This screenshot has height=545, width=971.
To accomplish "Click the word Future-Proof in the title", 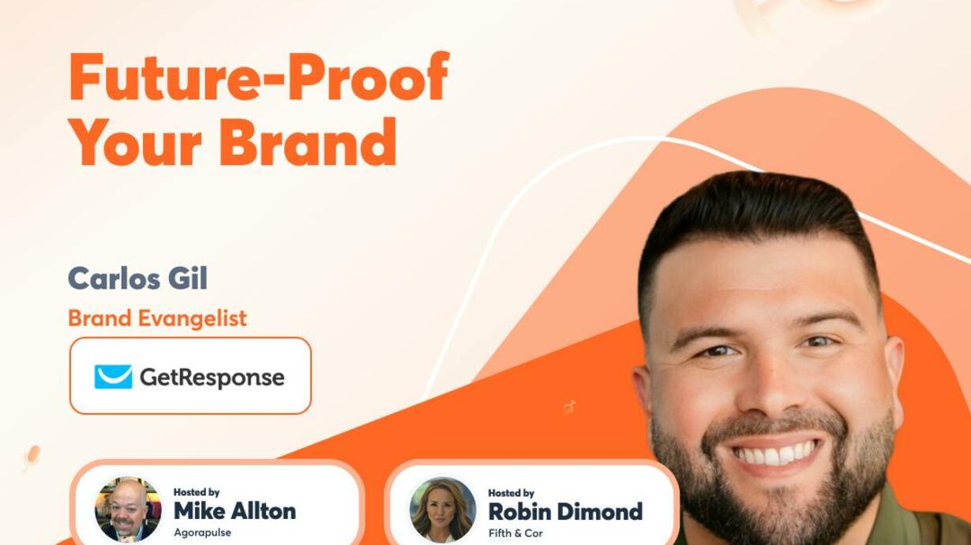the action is pyautogui.click(x=259, y=77).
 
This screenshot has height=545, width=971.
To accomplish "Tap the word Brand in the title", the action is pyautogui.click(x=308, y=142).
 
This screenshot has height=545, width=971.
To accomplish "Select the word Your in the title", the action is pyautogui.click(x=135, y=142).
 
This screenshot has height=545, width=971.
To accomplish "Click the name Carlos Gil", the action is pyautogui.click(x=138, y=278).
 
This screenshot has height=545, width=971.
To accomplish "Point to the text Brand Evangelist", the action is pyautogui.click(x=157, y=319).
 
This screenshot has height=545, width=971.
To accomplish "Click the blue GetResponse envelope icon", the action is pyautogui.click(x=113, y=376).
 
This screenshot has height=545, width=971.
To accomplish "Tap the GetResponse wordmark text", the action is pyautogui.click(x=212, y=377).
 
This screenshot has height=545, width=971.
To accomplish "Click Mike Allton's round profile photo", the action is pyautogui.click(x=128, y=510).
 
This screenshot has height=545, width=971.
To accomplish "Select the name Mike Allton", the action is pyautogui.click(x=234, y=511).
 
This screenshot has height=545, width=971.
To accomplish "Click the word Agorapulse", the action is pyautogui.click(x=202, y=532).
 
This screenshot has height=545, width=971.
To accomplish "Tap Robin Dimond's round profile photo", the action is pyautogui.click(x=443, y=510).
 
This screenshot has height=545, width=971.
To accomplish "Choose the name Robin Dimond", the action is pyautogui.click(x=565, y=512).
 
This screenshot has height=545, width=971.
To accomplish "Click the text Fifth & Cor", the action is pyautogui.click(x=515, y=533).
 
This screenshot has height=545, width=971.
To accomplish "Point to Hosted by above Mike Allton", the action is pyautogui.click(x=197, y=492).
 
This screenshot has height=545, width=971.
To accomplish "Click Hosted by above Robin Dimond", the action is pyautogui.click(x=511, y=493).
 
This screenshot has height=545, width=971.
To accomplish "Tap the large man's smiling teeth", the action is pyautogui.click(x=775, y=455).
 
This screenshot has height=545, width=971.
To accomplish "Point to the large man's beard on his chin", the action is pyautogui.click(x=776, y=507).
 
